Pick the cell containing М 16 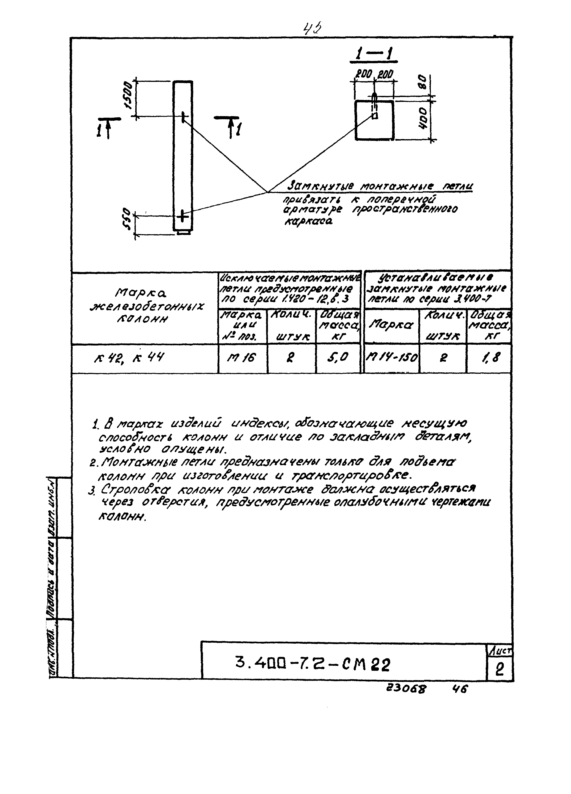(242, 358)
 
